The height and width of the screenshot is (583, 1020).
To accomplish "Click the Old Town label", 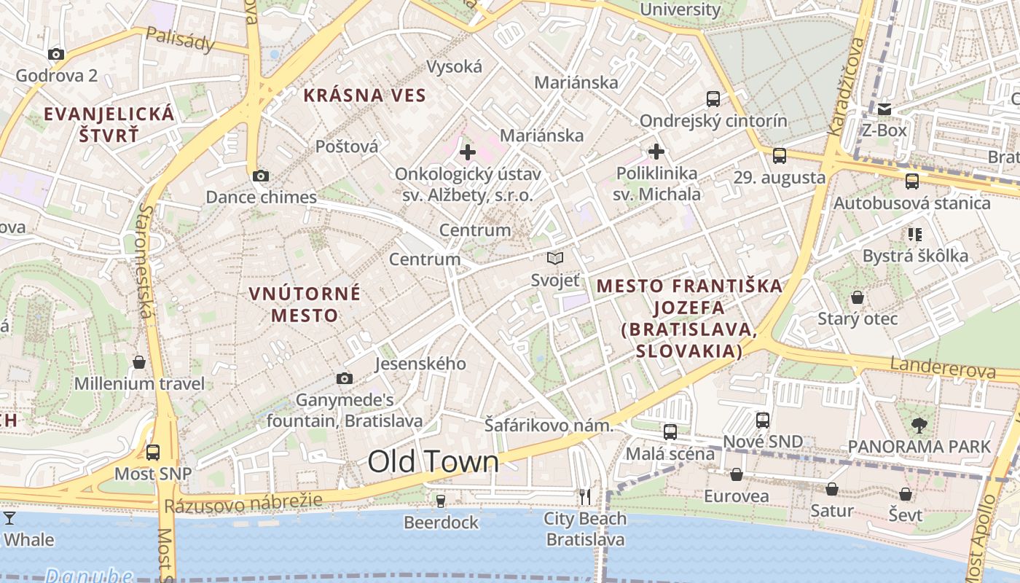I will click(x=433, y=462).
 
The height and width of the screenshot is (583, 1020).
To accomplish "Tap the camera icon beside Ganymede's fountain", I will click(x=345, y=378).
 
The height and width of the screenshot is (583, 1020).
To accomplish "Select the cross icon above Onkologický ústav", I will click(x=468, y=152).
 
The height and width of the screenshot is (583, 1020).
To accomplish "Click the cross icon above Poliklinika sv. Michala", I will click(x=656, y=152).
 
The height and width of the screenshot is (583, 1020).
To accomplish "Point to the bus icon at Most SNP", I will click(x=153, y=453).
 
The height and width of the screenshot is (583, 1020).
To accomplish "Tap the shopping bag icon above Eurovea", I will click(x=737, y=475).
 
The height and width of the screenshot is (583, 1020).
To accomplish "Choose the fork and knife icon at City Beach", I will click(x=585, y=497).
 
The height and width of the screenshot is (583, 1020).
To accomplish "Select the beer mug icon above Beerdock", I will click(x=440, y=501).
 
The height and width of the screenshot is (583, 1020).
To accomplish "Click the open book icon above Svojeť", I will click(x=555, y=259).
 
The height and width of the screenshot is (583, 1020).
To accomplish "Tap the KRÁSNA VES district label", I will click(x=364, y=95).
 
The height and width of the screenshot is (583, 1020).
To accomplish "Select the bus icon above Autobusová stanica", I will click(x=911, y=181).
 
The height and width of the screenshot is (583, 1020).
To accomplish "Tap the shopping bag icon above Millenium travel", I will click(x=139, y=362).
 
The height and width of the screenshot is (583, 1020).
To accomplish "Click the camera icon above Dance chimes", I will click(x=261, y=176).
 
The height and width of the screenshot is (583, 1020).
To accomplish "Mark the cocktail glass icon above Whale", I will click(x=9, y=518).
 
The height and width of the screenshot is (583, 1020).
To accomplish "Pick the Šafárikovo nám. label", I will click(x=548, y=426).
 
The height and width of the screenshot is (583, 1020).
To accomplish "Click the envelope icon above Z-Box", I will click(x=884, y=109).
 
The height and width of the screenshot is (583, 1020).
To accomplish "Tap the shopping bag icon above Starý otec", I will click(x=858, y=297).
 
